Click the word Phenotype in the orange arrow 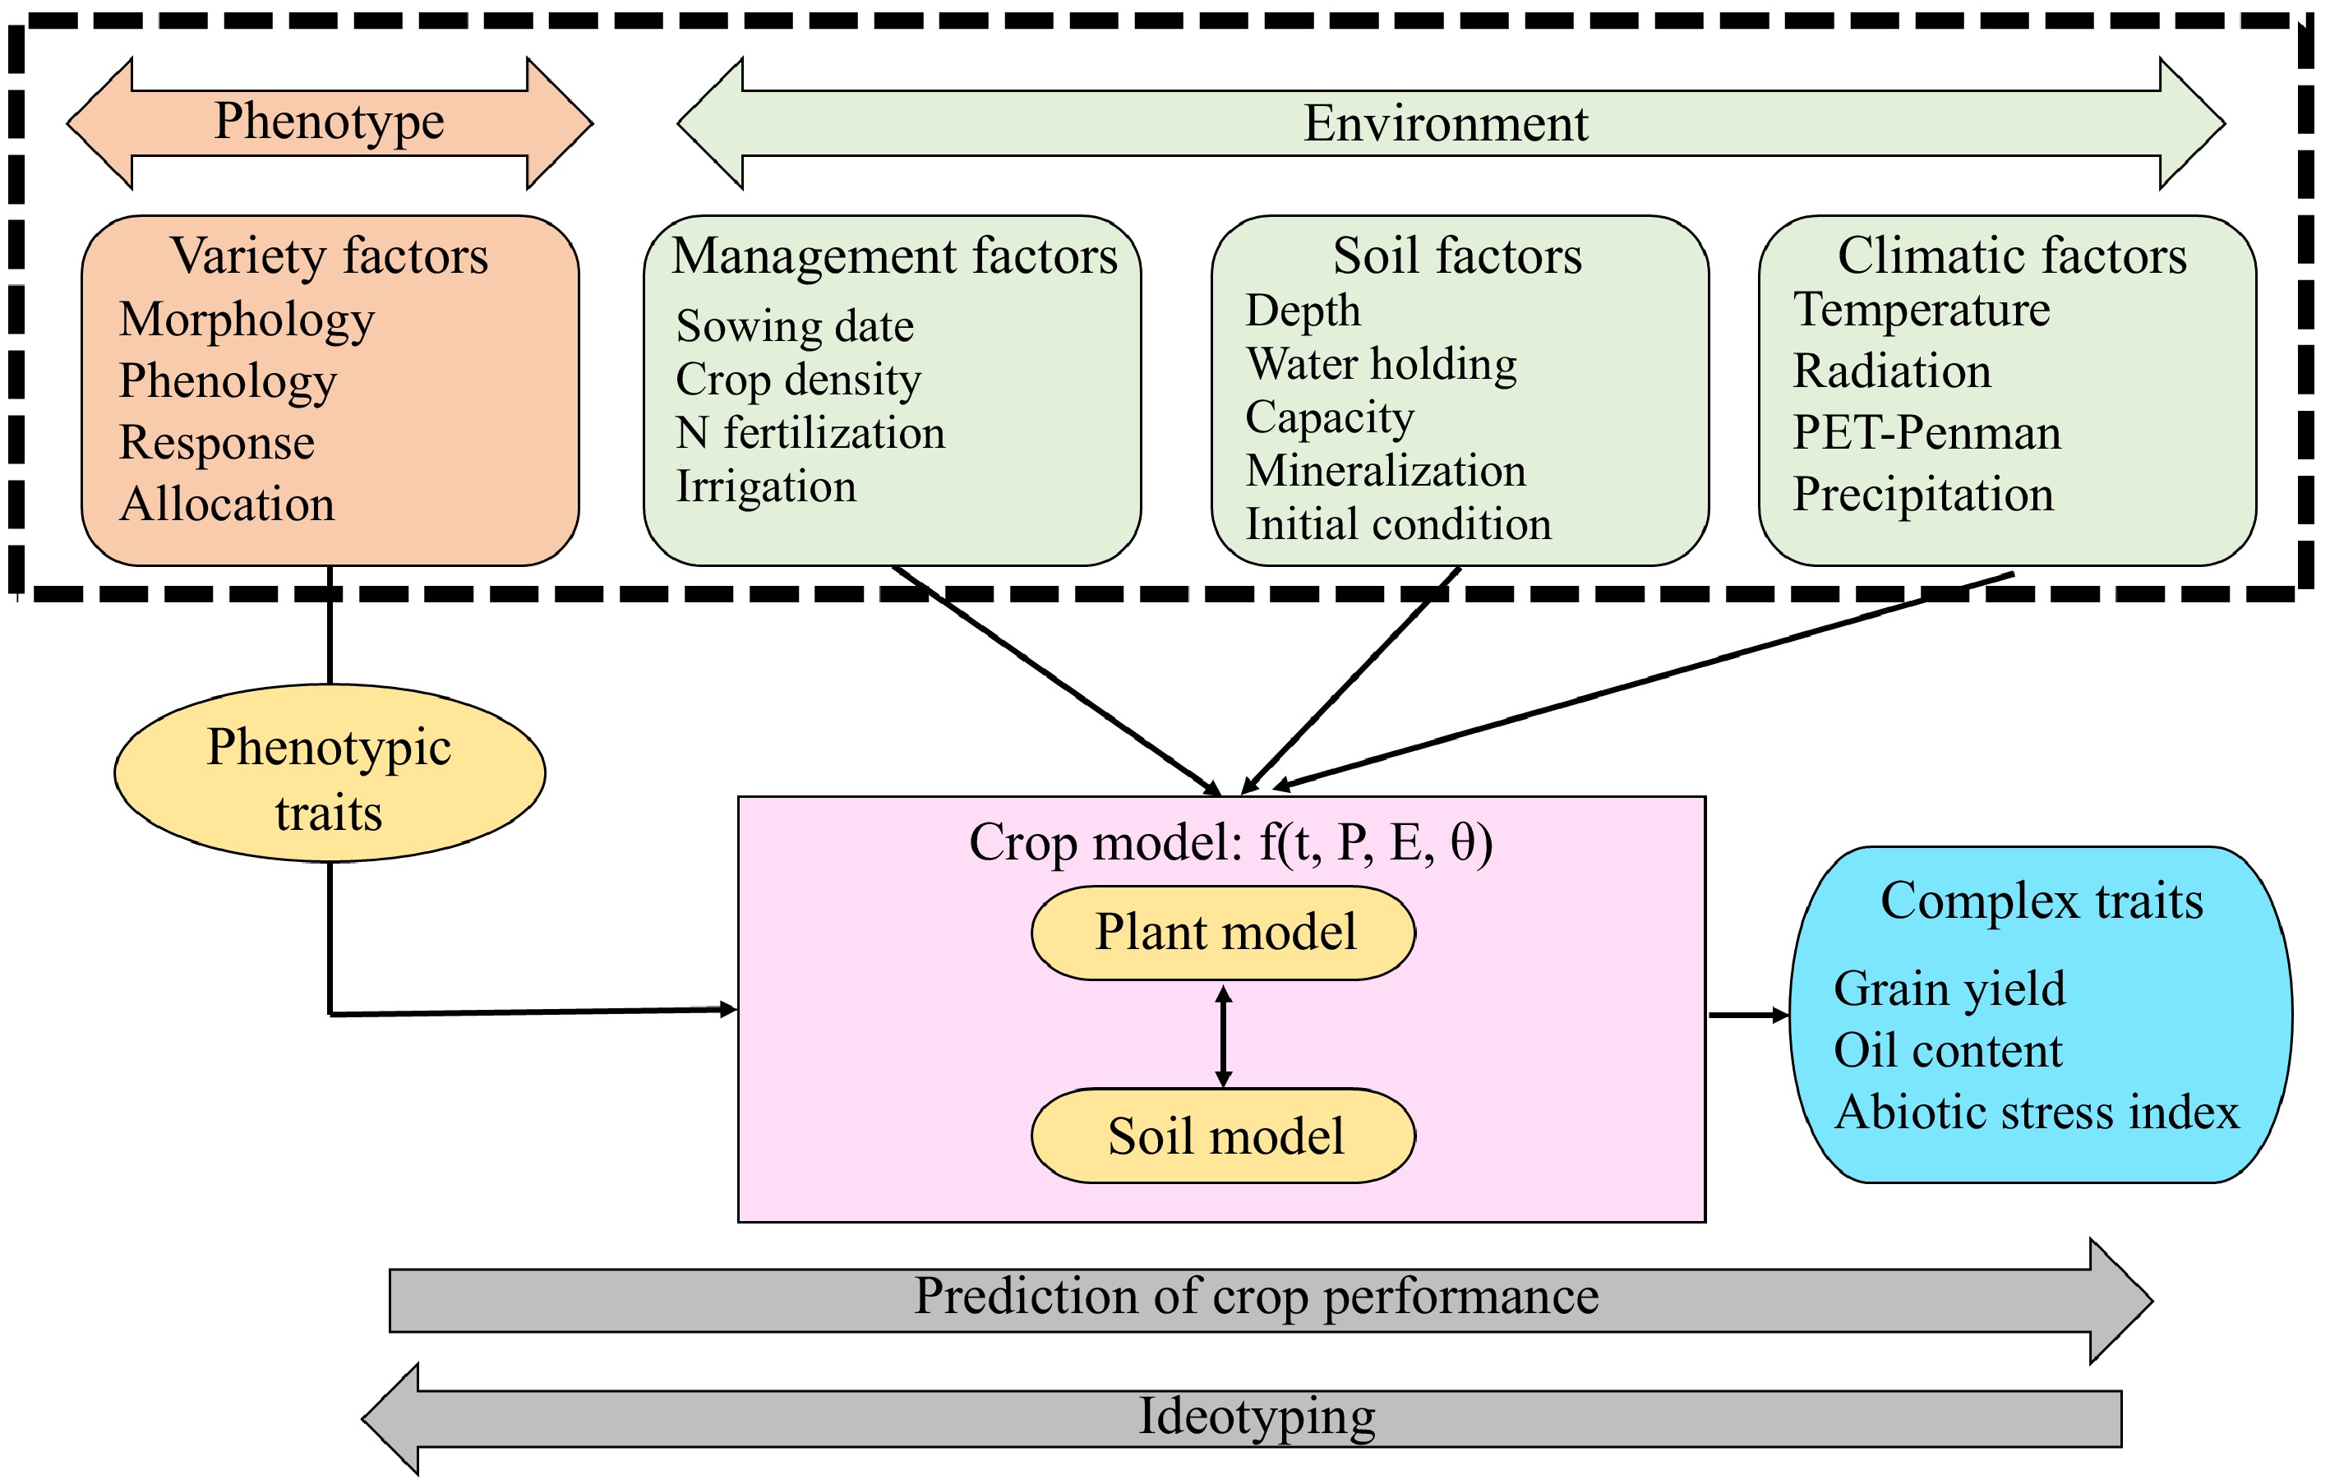click(329, 122)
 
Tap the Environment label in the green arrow click(1445, 124)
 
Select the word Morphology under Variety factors click(247, 320)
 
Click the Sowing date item click(795, 327)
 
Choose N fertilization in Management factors click(810, 432)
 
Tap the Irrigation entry click(765, 486)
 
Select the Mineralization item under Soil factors click(1385, 471)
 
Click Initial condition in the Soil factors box click(1397, 524)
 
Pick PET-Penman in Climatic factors click(1926, 432)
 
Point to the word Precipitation click(1922, 495)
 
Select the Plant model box click(1223, 933)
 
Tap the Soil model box click(1223, 1136)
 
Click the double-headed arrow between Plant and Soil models click(1223, 1035)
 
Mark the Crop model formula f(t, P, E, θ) click(1374, 842)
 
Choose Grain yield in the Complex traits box click(1949, 989)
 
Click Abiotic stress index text click(2036, 1113)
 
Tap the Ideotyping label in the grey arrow click(1256, 1417)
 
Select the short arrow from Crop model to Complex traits click(1747, 1015)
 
